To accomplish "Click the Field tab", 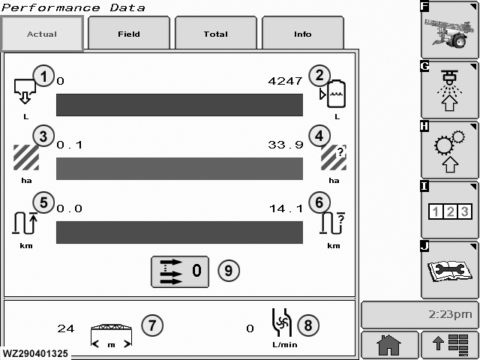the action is click(x=129, y=33).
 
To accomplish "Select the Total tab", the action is click(x=216, y=33).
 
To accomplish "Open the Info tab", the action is click(x=303, y=33).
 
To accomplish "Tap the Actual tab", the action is click(x=42, y=33).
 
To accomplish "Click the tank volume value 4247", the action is click(x=285, y=81).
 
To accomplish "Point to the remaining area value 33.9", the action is click(x=286, y=145).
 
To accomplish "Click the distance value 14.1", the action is click(x=286, y=208).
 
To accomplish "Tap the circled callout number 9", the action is click(x=229, y=271).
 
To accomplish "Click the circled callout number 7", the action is click(x=152, y=325).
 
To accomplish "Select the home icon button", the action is click(x=389, y=345).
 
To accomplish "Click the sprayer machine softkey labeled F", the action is click(x=449, y=30).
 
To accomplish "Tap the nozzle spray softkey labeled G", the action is click(x=449, y=90).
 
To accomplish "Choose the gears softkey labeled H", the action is click(x=449, y=150).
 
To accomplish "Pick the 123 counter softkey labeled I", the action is click(x=449, y=210).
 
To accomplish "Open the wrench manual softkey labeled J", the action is click(x=449, y=270).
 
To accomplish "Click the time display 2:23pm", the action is click(x=450, y=314).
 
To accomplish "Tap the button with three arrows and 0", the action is click(x=180, y=271).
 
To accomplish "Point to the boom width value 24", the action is click(x=66, y=328).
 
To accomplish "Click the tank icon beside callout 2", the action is click(x=333, y=94).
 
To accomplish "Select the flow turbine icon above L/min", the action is click(x=282, y=322).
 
